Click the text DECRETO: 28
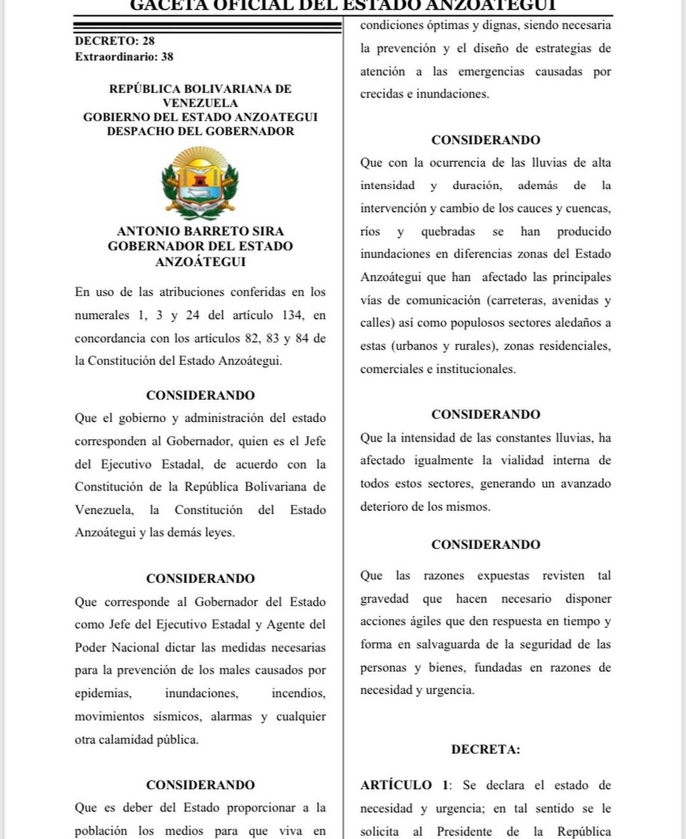[115, 41]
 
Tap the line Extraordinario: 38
[124, 57]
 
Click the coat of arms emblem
[200, 182]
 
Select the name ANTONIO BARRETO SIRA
[200, 231]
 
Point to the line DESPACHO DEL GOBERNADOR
[200, 132]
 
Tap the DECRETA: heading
[485, 749]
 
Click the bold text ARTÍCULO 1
[404, 786]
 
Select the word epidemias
[103, 693]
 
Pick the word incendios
[298, 693]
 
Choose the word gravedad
[384, 599]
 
